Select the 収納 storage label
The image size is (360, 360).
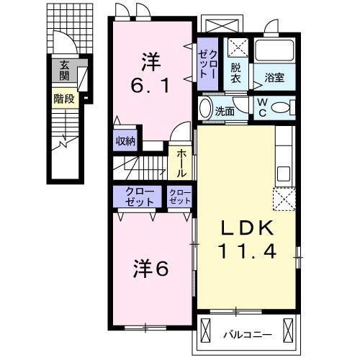(126, 141)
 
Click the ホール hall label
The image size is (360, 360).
(180, 163)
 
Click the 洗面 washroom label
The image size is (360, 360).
(226, 112)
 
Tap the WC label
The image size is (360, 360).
(262, 108)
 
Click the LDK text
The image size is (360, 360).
(247, 230)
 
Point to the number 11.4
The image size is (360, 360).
(247, 252)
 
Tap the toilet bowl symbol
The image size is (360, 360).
(285, 108)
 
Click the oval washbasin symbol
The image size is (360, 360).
(206, 110)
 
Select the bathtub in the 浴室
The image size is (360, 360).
(274, 51)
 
